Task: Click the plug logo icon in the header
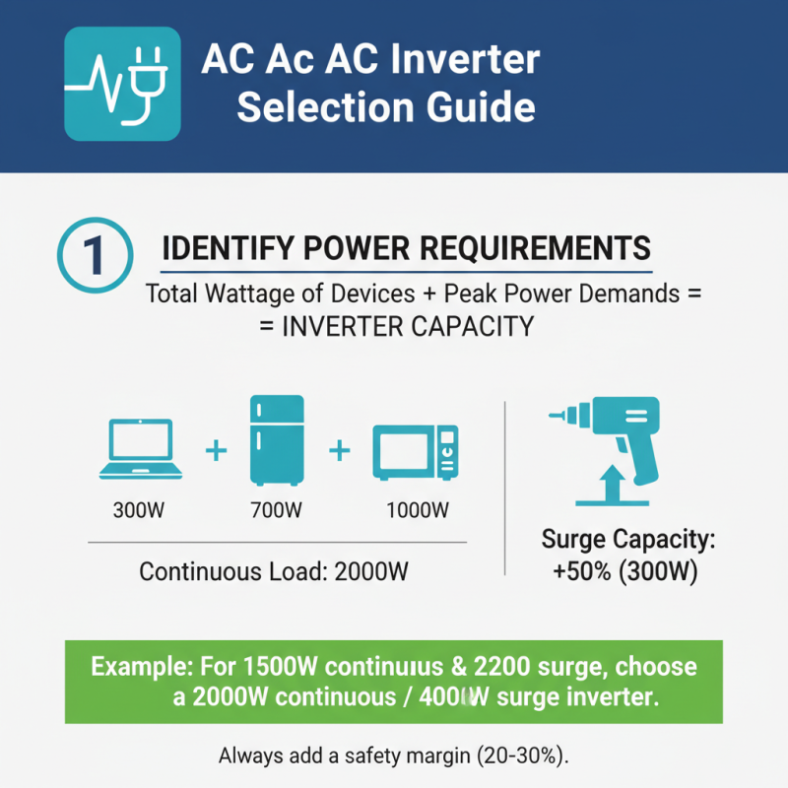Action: pos(121,84)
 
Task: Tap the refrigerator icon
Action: pos(278,439)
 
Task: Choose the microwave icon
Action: pos(415,452)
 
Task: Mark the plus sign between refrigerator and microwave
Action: pos(340,451)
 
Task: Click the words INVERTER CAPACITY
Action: pos(408,327)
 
